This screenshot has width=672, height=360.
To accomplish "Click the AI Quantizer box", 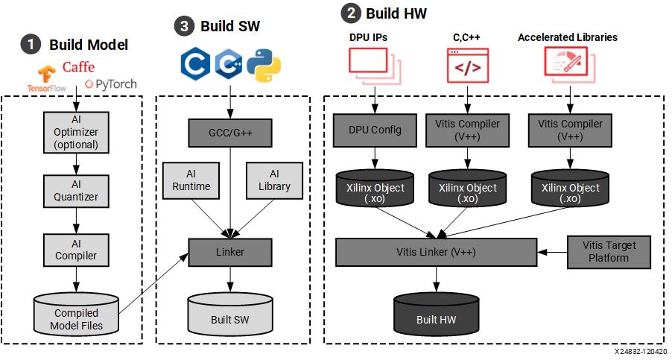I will tap(75, 190).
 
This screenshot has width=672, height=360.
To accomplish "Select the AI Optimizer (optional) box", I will tap(75, 130).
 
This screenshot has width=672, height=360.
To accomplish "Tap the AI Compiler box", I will tap(75, 249).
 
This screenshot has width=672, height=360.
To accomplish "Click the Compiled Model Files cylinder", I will tap(76, 314).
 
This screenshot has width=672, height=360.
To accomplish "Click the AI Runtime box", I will tap(191, 180).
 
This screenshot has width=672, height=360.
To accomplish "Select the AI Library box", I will tap(273, 180).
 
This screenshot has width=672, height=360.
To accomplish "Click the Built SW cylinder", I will tap(230, 314).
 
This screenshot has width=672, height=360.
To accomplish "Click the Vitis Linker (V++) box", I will tap(436, 252).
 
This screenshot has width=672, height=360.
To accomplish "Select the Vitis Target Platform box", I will tap(605, 251).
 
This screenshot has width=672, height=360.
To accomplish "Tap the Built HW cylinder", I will tap(437, 314).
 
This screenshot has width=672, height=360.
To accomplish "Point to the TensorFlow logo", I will tap(47, 77).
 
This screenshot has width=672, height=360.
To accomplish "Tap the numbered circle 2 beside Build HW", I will tap(348, 13).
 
